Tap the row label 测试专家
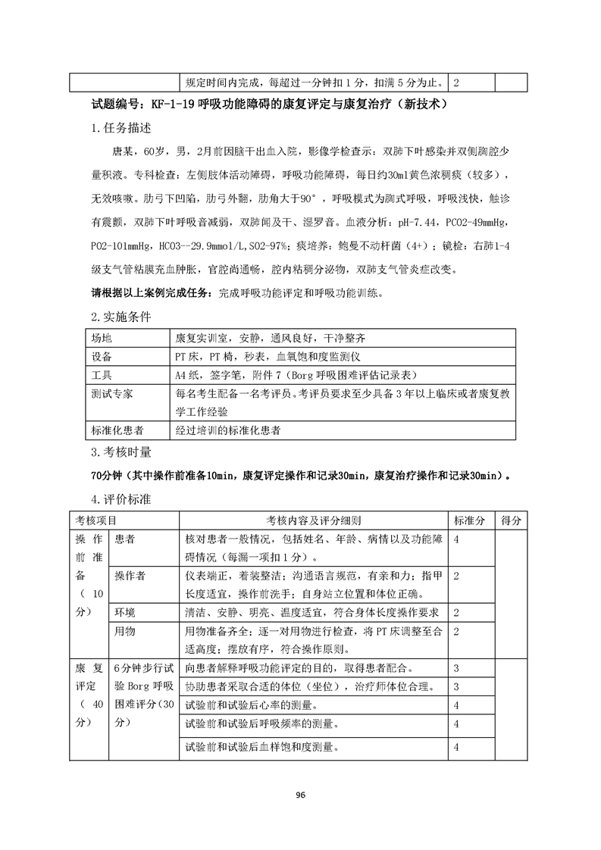(x=111, y=394)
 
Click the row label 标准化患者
(x=116, y=430)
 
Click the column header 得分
(x=511, y=521)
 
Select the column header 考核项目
(x=96, y=521)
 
